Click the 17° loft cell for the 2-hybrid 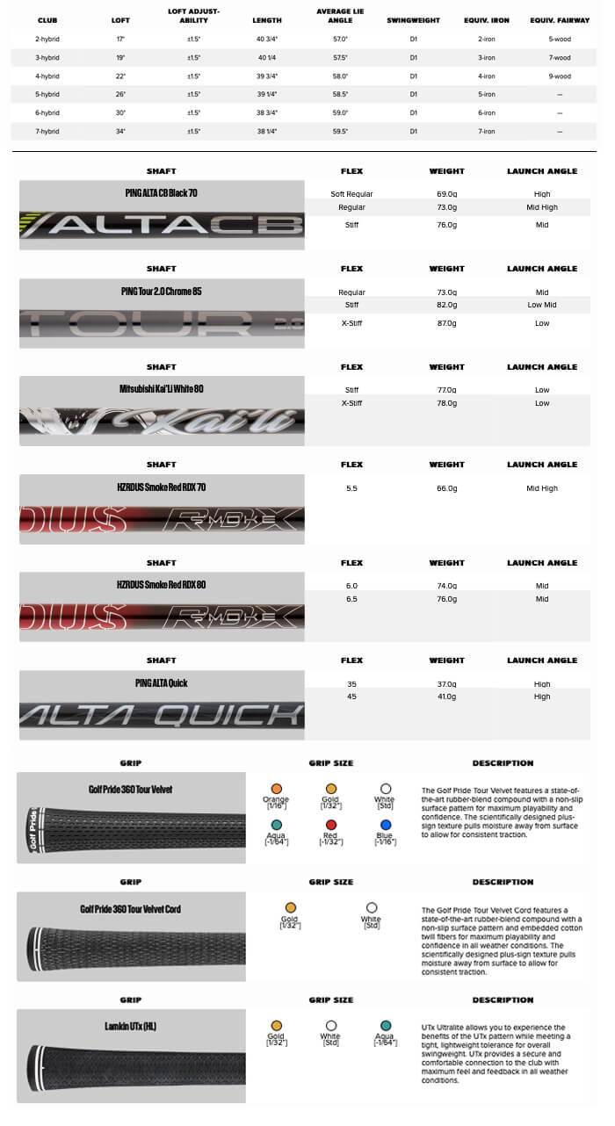click(120, 40)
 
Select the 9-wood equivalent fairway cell click(560, 76)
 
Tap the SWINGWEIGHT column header click(413, 20)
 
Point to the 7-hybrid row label click(47, 132)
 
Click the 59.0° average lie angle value click(340, 113)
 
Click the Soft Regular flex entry click(351, 194)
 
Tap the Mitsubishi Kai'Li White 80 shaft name click(162, 388)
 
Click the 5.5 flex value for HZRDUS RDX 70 click(351, 487)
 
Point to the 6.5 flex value click(351, 599)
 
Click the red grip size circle click(331, 826)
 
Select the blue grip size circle click(386, 826)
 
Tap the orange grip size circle click(276, 790)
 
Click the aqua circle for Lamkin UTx click(386, 1025)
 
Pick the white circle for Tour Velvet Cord click(371, 908)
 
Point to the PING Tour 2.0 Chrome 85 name click(162, 291)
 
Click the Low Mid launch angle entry click(541, 305)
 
